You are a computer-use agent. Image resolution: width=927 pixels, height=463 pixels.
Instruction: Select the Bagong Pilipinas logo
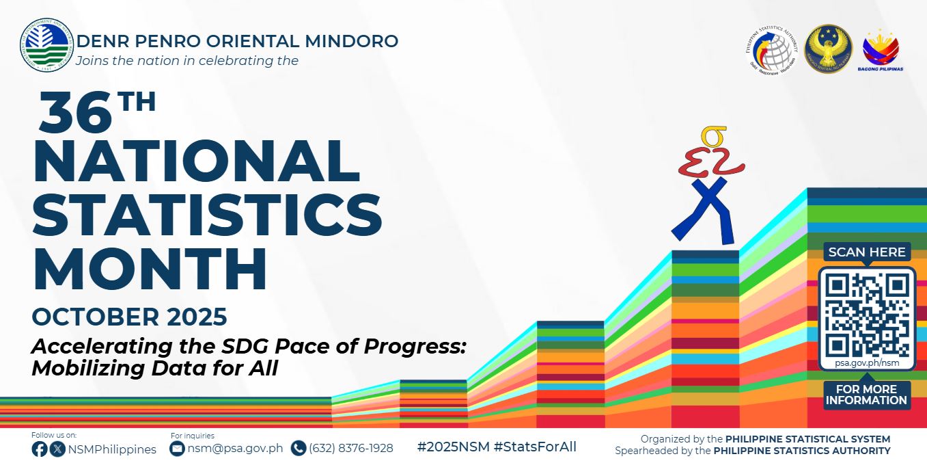(x=881, y=51)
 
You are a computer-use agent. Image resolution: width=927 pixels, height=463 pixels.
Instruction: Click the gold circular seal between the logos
(x=828, y=49)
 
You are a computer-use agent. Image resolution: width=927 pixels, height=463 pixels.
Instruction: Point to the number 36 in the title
(x=75, y=113)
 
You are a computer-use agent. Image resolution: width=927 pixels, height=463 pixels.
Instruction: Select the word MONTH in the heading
(x=150, y=271)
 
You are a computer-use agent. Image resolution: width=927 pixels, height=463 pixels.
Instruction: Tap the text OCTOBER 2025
(x=129, y=317)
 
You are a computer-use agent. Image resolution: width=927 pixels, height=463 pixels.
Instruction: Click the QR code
(x=866, y=315)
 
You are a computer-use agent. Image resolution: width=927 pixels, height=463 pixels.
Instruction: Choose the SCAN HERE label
(x=866, y=252)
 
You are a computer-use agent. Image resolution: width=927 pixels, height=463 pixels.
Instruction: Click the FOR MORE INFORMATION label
(x=866, y=395)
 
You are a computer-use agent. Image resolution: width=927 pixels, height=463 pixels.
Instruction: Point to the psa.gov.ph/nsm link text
(x=866, y=363)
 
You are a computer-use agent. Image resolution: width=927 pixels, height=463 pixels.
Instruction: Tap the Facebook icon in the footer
(x=40, y=449)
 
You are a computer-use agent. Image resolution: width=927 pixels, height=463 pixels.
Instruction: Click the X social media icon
(x=58, y=449)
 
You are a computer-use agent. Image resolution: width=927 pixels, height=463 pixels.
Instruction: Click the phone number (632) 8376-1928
(x=350, y=449)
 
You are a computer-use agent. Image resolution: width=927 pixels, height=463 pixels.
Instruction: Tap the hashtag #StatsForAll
(x=535, y=447)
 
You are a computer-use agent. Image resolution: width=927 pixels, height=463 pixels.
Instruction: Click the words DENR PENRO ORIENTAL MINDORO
(x=237, y=41)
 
